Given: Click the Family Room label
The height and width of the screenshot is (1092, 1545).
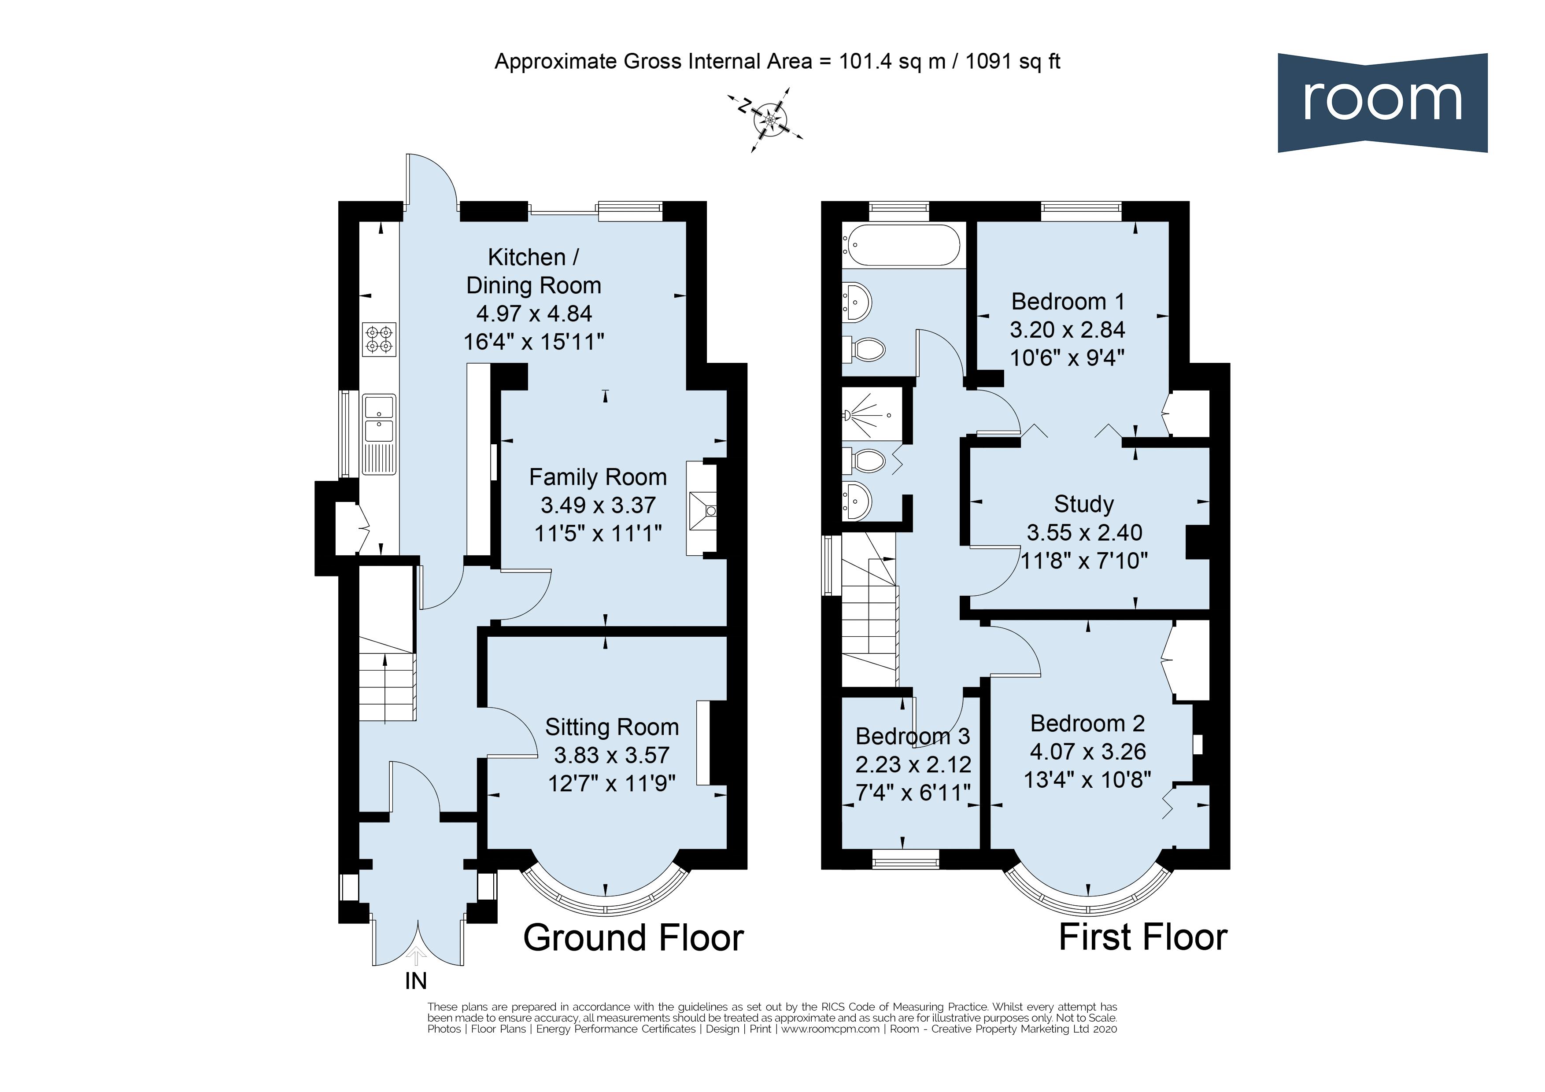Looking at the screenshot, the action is point(598,477).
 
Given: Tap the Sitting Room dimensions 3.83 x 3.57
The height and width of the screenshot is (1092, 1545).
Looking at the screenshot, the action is point(612,755).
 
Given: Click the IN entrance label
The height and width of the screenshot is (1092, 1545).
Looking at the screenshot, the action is point(416,981).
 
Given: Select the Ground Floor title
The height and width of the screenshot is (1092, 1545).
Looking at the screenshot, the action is point(633,937).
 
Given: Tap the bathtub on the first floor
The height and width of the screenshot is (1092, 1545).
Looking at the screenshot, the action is point(902,245).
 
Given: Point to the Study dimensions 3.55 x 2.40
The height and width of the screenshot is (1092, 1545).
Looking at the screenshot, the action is point(1084,533).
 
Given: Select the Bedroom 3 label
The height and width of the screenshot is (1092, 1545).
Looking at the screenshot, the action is point(913,736).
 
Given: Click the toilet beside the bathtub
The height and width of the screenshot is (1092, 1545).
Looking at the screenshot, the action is point(864,349).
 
